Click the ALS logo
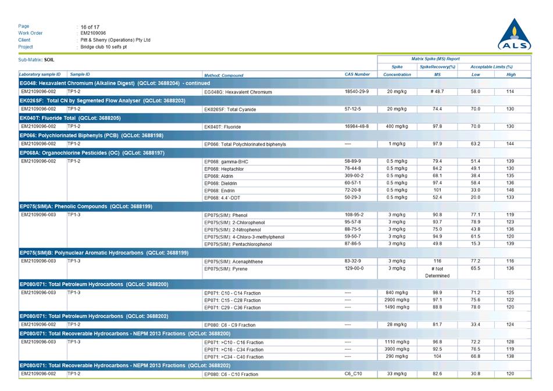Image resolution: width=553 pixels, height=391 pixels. point(515,35)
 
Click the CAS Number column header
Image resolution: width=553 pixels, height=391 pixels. point(357,74)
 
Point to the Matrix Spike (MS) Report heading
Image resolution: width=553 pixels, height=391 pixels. point(436,59)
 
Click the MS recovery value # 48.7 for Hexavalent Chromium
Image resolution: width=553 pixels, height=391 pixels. point(437,92)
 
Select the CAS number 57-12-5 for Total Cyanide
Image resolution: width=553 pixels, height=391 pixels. point(352,109)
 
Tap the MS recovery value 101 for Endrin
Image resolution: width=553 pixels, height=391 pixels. point(437,190)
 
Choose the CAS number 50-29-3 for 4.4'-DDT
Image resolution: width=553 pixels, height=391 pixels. point(354,197)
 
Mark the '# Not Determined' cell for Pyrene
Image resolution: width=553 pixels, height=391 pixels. point(437,272)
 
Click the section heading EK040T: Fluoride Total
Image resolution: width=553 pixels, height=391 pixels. point(70,117)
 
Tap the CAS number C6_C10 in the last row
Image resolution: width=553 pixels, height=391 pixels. point(353,374)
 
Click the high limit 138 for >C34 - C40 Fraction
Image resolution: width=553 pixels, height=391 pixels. point(511,356)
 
